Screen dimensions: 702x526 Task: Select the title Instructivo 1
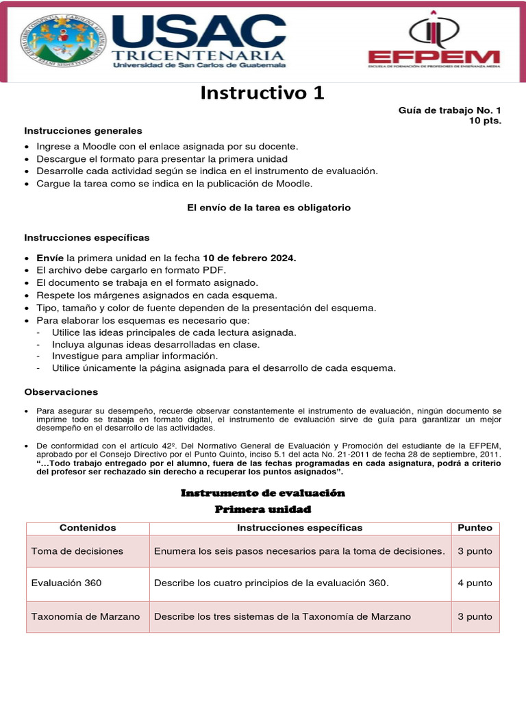[x=262, y=93]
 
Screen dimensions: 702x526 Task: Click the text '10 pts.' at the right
[x=485, y=121]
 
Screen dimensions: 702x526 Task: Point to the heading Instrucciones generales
[x=84, y=130]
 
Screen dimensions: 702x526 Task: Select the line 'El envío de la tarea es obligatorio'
[x=268, y=208]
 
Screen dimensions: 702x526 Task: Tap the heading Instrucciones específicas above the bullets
[x=87, y=237]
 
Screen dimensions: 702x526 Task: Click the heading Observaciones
[x=61, y=392]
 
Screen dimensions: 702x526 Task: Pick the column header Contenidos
[x=88, y=528]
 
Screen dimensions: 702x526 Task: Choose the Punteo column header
[x=475, y=528]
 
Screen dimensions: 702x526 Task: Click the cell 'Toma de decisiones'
[x=77, y=551]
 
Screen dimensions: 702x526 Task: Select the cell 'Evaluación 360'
[x=66, y=583]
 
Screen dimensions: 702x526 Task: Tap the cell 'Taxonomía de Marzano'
[x=86, y=616]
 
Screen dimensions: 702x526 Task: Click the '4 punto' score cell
[x=475, y=583]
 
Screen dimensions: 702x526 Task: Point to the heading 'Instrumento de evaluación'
[x=262, y=493]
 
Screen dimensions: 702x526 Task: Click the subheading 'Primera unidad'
[x=262, y=509]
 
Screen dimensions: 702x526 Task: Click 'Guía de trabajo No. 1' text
[x=449, y=110]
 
